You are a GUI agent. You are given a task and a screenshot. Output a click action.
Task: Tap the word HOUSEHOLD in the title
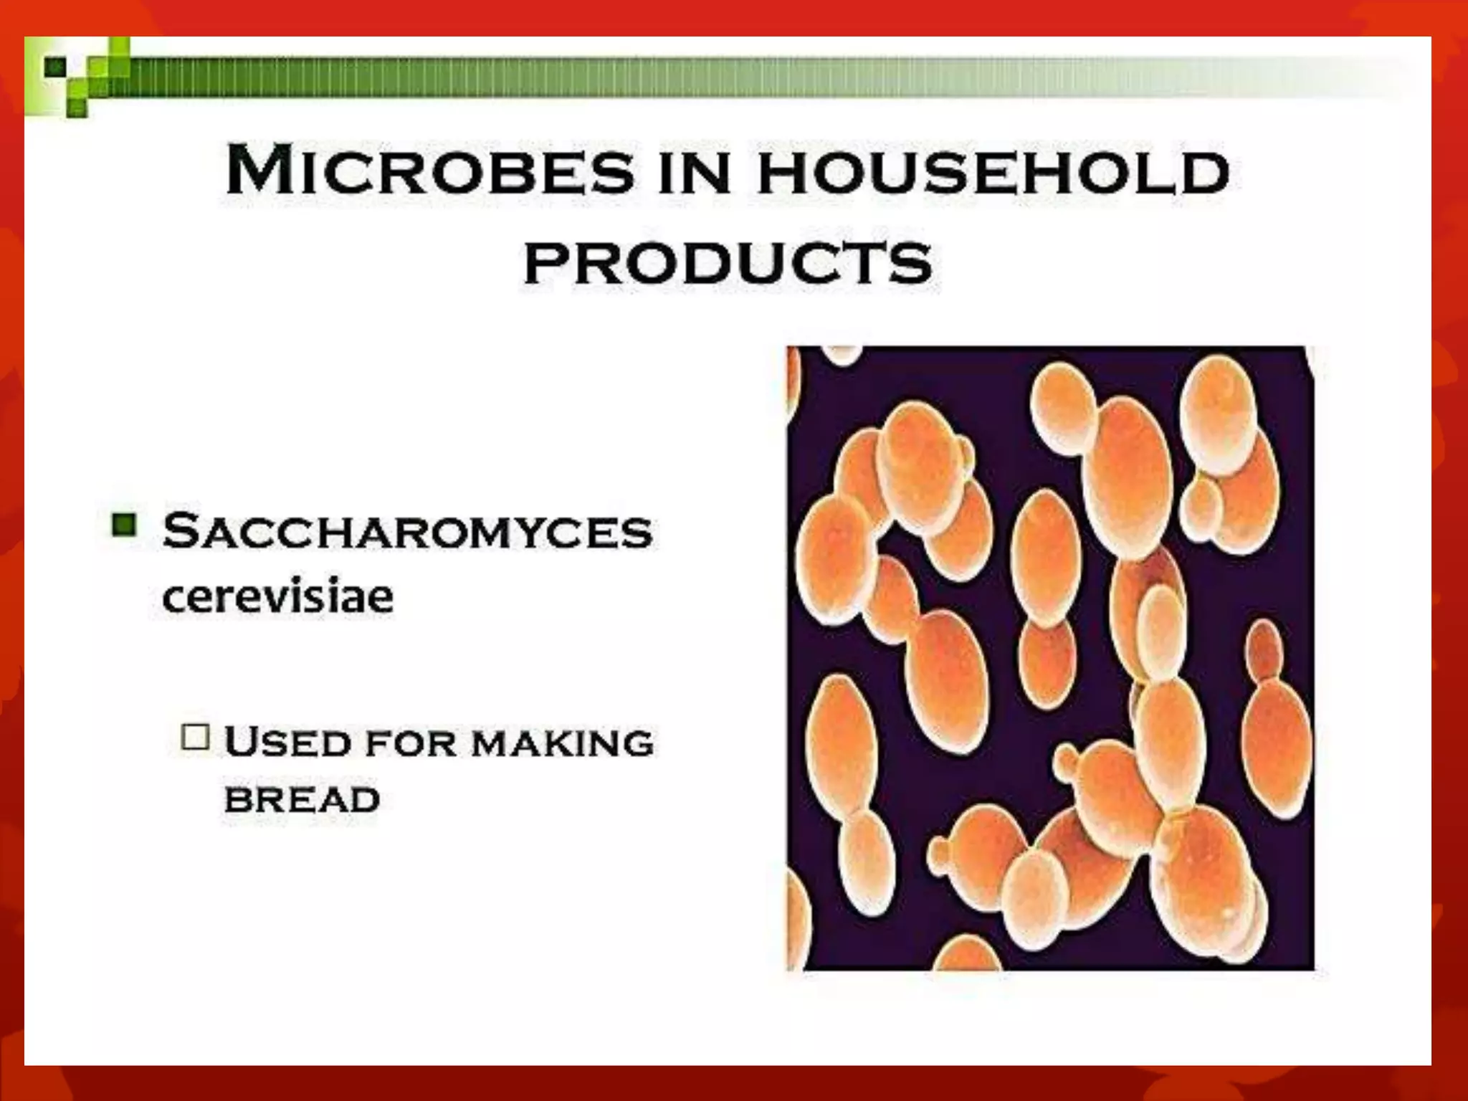coord(993,172)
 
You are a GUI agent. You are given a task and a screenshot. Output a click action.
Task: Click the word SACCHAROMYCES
coord(407,532)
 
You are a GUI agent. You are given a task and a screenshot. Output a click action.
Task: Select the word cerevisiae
coord(278,596)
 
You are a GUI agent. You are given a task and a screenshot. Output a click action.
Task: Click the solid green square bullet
coord(124,525)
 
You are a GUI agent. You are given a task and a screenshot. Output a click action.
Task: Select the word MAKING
coord(563,743)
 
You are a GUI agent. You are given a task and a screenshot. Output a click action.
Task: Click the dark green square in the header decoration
coord(55,68)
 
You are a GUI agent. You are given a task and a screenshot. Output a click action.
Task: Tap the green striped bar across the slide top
coord(717,77)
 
